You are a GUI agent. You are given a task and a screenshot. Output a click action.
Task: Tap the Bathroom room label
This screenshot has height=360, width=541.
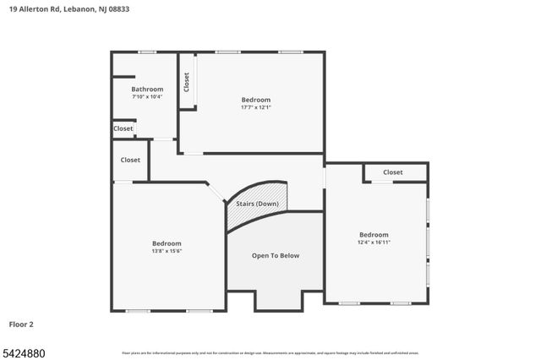[x=147, y=89]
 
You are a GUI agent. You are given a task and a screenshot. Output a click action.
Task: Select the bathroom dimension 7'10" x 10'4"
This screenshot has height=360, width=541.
[x=147, y=96]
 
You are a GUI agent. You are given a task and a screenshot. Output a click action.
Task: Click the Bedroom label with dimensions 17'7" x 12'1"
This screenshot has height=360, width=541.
[x=256, y=100]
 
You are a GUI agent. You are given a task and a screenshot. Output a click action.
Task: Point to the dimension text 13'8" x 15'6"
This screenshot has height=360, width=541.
[x=167, y=250]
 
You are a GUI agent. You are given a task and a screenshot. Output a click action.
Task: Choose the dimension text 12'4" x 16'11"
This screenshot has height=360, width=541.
[x=374, y=243]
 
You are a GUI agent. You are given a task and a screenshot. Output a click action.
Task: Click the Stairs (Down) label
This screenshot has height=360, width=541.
[x=257, y=204]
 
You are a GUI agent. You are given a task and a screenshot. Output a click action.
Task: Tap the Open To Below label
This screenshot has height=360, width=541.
[x=276, y=255]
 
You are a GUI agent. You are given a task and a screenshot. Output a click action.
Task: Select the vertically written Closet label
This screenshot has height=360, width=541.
[x=187, y=82]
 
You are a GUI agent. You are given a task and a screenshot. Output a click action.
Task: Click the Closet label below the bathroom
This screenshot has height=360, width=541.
[x=123, y=128]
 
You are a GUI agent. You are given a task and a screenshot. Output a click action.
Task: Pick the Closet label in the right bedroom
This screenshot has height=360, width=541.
[x=393, y=172]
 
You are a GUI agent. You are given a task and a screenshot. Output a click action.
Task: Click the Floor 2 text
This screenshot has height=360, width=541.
[x=21, y=324]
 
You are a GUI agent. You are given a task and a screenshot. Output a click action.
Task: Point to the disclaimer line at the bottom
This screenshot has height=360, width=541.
[x=270, y=352]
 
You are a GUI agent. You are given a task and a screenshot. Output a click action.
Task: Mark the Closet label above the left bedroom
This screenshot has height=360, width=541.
[x=130, y=160]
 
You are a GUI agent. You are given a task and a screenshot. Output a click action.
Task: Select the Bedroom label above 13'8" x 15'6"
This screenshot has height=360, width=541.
[x=167, y=243]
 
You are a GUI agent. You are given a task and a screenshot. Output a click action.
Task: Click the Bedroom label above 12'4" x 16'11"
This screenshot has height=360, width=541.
[x=374, y=235]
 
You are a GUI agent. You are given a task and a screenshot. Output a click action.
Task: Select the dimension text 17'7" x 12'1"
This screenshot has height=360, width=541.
[x=256, y=107]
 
